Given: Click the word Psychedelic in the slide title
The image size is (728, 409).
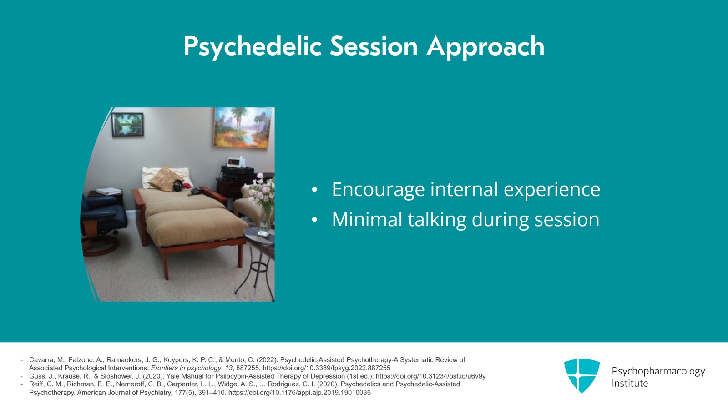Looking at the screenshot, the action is click(253, 47).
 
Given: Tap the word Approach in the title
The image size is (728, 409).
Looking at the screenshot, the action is click(485, 47).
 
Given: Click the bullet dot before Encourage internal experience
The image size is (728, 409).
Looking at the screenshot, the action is click(314, 190).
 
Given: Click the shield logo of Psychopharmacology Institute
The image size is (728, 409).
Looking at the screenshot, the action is click(582, 375).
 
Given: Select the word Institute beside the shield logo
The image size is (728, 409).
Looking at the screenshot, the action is click(630, 384).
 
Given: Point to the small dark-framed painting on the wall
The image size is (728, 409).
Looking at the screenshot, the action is click(127, 125).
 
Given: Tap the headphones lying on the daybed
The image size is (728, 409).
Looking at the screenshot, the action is click(178, 186).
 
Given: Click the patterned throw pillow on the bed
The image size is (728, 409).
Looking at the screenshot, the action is click(166, 178).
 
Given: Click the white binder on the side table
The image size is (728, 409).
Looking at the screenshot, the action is click(109, 191).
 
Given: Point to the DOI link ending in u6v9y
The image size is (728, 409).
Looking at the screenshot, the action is click(430, 376).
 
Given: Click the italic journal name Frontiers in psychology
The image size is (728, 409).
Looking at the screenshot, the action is click(186, 368).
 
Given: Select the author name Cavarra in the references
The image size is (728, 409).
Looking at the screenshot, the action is click(42, 360).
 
